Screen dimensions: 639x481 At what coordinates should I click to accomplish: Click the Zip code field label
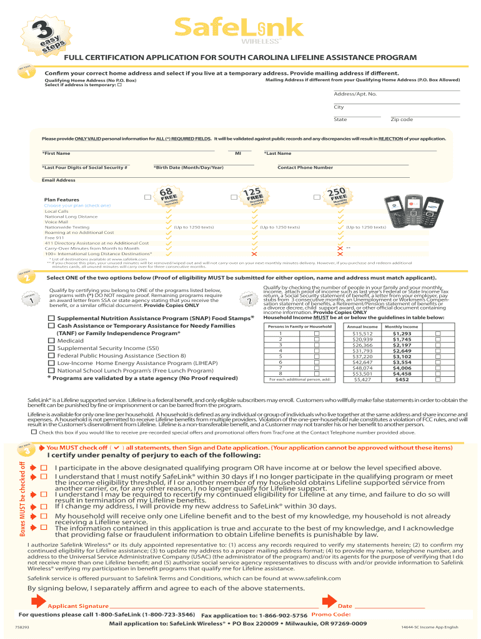click(402, 119)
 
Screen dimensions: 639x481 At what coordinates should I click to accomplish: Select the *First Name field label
click(56, 153)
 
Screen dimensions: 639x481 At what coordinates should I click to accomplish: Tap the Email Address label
click(58, 180)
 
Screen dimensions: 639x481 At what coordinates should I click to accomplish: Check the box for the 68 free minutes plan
click(147, 197)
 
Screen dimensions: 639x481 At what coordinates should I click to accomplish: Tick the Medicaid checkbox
click(52, 341)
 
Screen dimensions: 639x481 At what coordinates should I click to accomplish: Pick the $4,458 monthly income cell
click(402, 374)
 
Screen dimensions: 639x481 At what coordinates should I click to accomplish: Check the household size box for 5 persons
click(316, 356)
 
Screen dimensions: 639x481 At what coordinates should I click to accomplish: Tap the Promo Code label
click(330, 615)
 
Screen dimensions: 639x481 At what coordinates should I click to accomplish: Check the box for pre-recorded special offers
click(33, 431)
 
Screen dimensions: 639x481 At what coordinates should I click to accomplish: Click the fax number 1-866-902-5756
click(285, 615)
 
